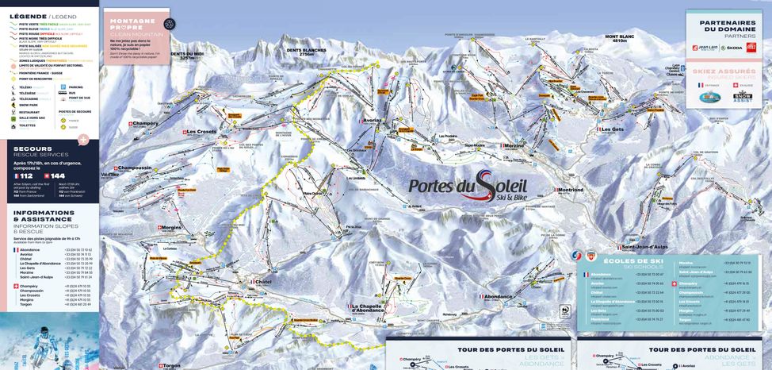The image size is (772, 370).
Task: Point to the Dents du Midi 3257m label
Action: [187, 56]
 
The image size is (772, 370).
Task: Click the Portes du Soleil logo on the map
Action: [468, 186]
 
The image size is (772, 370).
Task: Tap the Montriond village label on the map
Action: [570, 191]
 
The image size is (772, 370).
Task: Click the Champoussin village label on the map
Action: [135, 168]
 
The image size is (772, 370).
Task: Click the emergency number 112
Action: [27, 175]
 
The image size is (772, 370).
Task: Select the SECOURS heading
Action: [31, 148]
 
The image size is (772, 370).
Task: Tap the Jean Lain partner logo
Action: [705, 48]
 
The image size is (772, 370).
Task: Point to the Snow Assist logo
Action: [742, 98]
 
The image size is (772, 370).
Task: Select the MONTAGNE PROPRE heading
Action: [133, 21]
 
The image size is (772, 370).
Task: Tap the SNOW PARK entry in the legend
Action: [31, 106]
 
